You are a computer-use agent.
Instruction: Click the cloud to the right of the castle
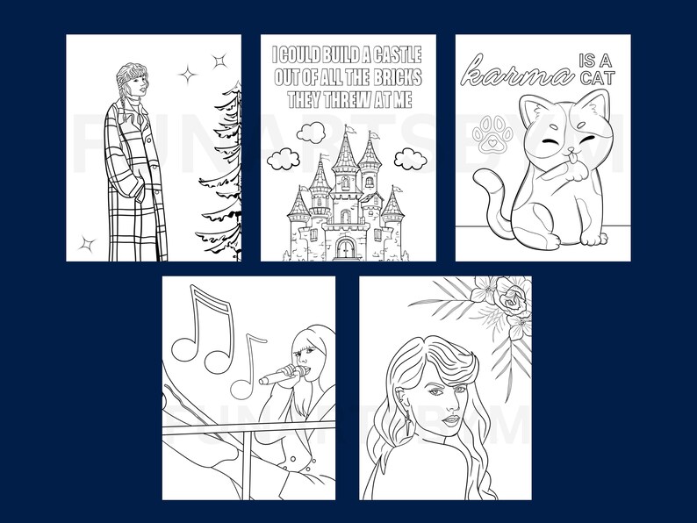(410, 159)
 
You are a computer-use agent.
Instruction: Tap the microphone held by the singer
(278, 377)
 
